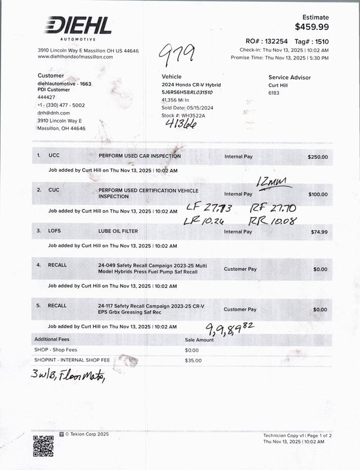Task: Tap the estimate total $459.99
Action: (311, 26)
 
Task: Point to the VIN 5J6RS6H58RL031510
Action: (187, 92)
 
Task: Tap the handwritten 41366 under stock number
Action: (180, 124)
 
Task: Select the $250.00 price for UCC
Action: (317, 157)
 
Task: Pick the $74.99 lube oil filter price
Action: (319, 232)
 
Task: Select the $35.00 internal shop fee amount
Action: (193, 360)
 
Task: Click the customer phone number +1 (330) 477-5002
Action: (61, 105)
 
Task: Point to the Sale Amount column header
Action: (199, 340)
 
